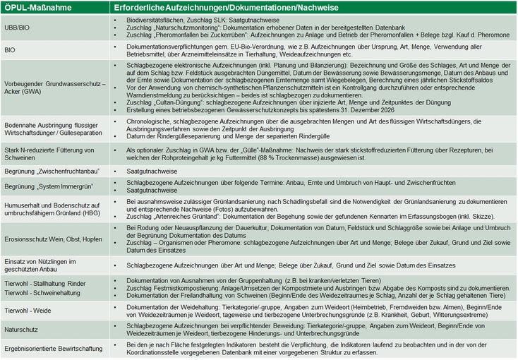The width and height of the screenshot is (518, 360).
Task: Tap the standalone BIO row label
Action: click(x=10, y=50)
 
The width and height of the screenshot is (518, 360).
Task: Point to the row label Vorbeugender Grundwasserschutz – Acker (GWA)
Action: click(x=52, y=90)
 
